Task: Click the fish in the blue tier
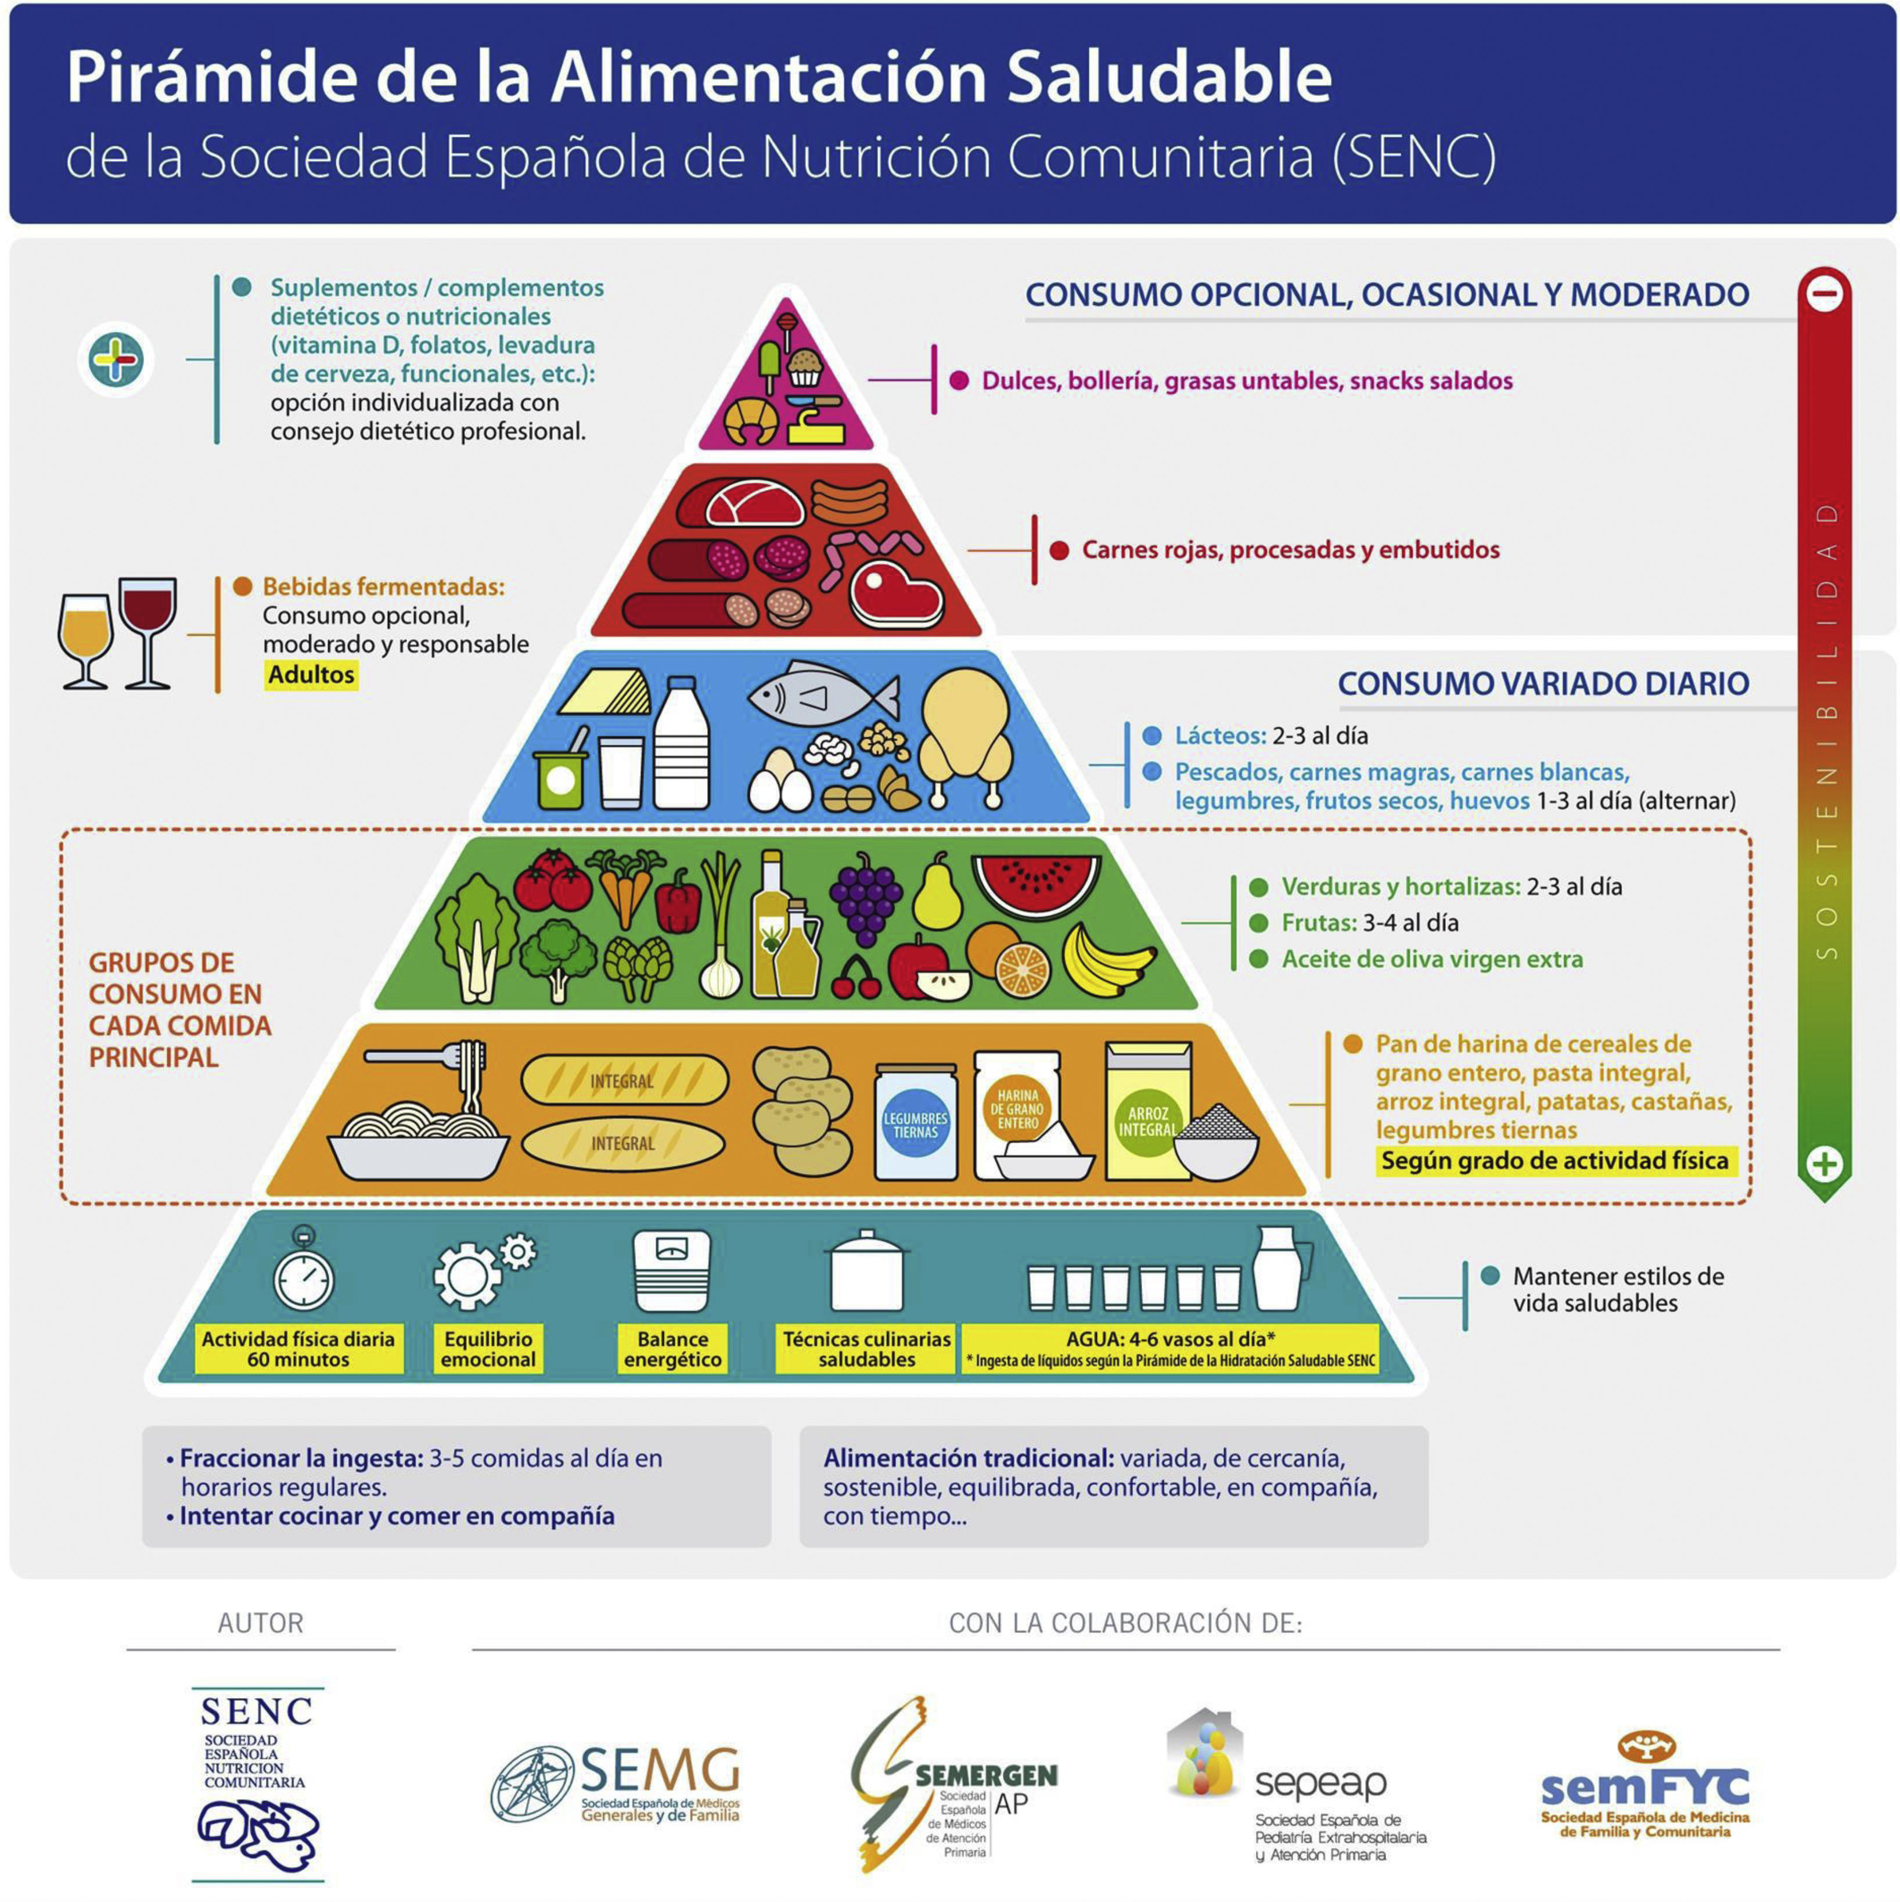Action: tap(822, 697)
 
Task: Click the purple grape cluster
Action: tap(865, 896)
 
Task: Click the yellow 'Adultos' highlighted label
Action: tap(311, 675)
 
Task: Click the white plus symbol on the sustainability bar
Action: tap(1824, 1165)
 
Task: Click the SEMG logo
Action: tap(616, 1785)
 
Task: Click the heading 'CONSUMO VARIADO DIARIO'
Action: tap(1543, 683)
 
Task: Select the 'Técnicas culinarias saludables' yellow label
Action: tap(866, 1349)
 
